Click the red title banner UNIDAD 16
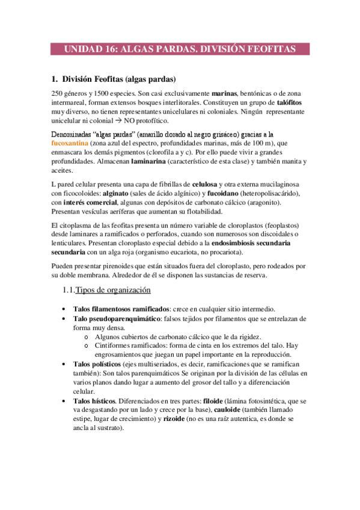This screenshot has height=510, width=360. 180,49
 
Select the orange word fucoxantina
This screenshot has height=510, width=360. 69,144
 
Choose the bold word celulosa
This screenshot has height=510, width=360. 209,183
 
